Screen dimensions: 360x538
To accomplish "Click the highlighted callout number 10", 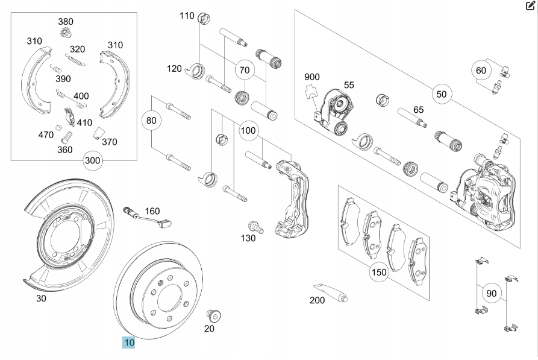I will tap(129, 343).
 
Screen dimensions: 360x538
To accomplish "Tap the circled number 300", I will tap(93, 160).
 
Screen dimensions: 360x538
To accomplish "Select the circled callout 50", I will tap(442, 94).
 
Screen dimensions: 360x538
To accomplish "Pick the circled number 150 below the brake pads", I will tap(379, 272).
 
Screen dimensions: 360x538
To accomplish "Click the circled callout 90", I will tap(492, 294).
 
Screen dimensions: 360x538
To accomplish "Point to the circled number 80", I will tap(151, 121).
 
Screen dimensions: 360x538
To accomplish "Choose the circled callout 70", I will tap(244, 70).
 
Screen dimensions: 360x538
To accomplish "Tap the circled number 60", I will tap(480, 71).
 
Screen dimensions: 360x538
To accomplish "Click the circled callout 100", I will tap(248, 130).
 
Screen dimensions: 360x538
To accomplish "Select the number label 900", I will tap(312, 77).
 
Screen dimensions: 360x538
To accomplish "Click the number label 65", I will tap(418, 110).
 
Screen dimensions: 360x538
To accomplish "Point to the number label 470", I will tap(46, 134).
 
